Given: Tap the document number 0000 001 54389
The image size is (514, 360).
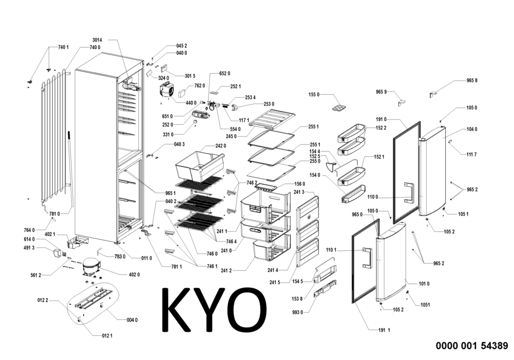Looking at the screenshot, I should pos(472,346).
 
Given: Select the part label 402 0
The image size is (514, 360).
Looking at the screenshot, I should pos(134,275).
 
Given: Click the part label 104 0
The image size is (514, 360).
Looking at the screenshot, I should pos(472,129).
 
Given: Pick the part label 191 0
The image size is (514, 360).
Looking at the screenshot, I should pos(381,119).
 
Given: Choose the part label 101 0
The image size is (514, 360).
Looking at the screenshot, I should pos(424,283).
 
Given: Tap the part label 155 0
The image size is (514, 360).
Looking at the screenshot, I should pos(314,95).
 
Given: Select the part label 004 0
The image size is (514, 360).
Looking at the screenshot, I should pos(132,320).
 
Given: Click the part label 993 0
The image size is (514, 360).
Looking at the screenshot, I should pos(298,312).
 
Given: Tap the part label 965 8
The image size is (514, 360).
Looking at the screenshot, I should pos(472,81).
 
